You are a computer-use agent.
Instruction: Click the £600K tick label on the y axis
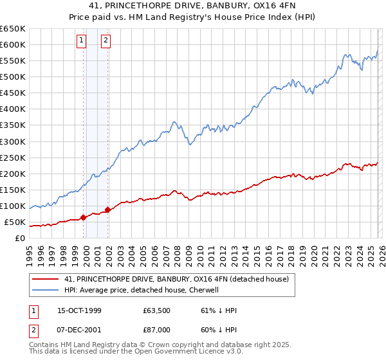12,44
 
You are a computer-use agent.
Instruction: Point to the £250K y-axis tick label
12,157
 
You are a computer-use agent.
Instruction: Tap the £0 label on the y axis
20,239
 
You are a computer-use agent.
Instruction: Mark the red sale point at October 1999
83,217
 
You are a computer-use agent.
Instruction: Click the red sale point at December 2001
107,210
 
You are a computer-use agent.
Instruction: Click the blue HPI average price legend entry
142,290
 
